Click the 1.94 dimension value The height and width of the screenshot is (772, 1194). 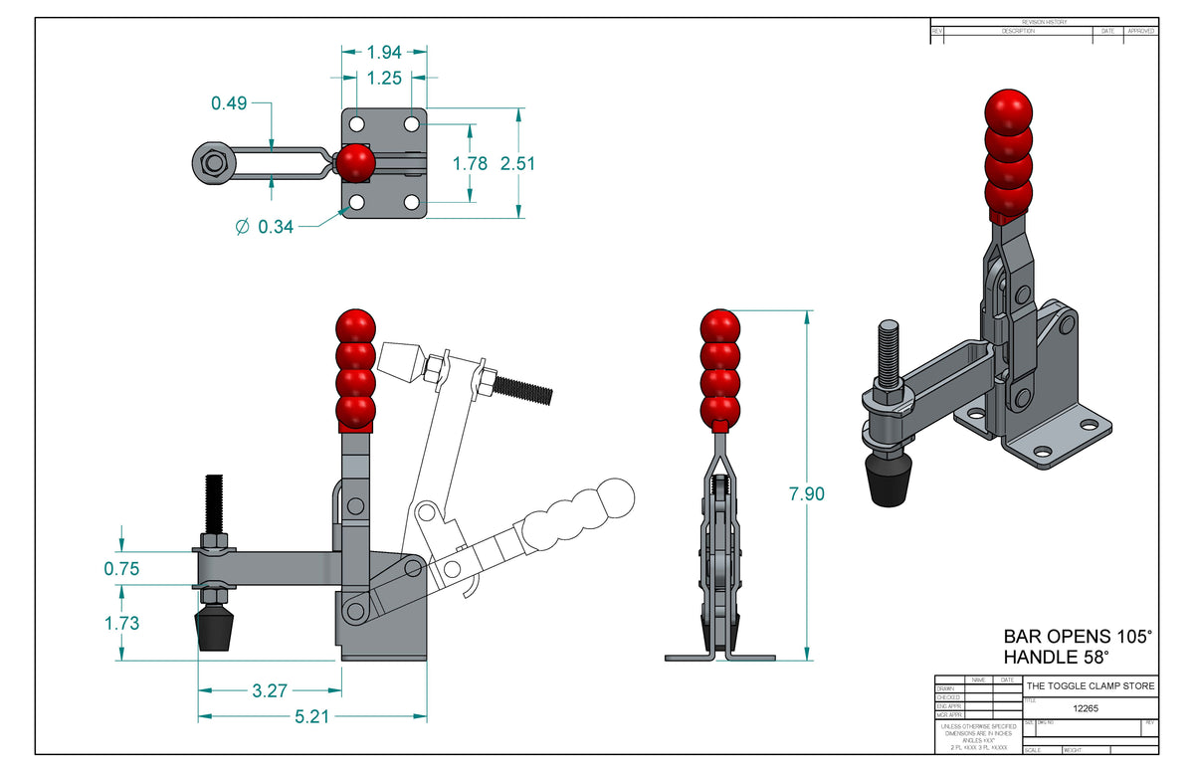click(384, 53)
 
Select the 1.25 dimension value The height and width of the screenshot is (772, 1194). click(384, 78)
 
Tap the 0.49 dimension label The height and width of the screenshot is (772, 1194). click(230, 102)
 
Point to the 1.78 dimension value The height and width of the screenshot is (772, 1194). click(470, 163)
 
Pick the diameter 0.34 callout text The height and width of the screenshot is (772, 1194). click(265, 227)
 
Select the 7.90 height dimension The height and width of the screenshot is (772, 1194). click(806, 493)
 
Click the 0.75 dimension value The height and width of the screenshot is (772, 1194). click(121, 569)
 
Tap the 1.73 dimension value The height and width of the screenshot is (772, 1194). click(121, 624)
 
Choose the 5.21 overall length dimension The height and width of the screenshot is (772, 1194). click(312, 715)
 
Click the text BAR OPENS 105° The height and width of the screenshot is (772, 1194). click(1077, 636)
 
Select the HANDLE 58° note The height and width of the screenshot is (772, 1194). click(1056, 657)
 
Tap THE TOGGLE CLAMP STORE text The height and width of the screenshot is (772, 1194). click(1091, 686)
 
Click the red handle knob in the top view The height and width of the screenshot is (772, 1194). click(354, 163)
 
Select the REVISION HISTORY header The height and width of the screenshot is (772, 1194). click(1043, 22)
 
